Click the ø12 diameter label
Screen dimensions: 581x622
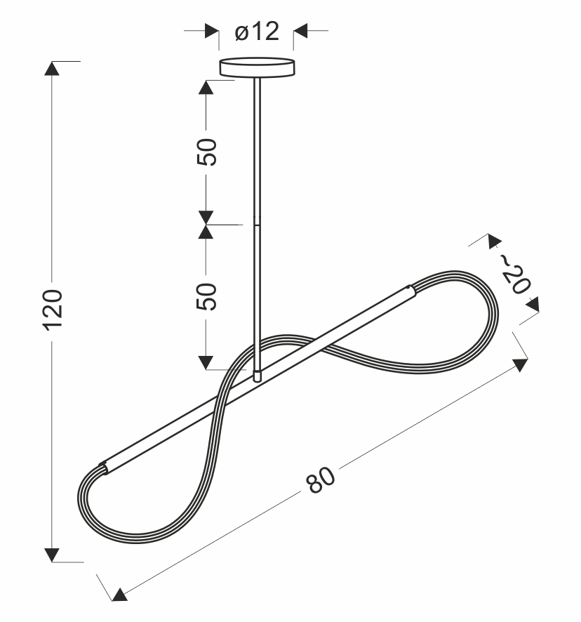pyautogui.click(x=257, y=32)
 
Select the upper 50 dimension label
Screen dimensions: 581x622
pyautogui.click(x=207, y=152)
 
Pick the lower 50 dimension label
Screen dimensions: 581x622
pyautogui.click(x=207, y=297)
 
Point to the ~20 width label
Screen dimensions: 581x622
pyautogui.click(x=514, y=274)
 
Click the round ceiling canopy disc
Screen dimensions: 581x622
pyautogui.click(x=257, y=67)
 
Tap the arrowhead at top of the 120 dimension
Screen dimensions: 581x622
pyautogui.click(x=52, y=68)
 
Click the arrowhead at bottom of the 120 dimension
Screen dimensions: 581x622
pyautogui.click(x=52, y=555)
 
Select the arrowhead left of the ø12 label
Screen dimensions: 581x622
pyautogui.click(x=212, y=31)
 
